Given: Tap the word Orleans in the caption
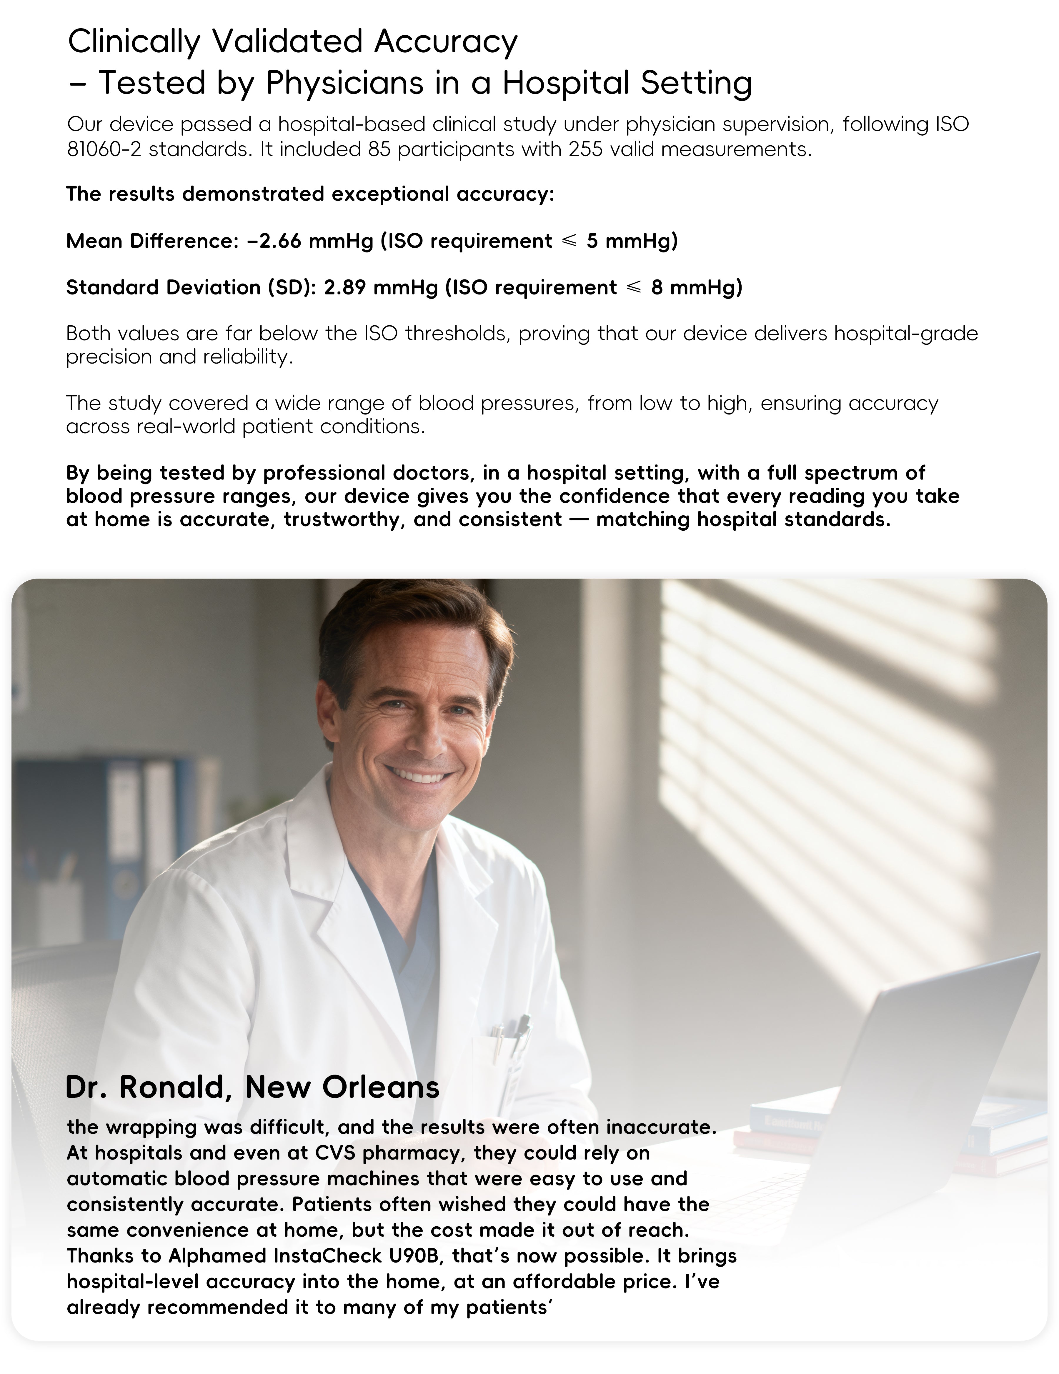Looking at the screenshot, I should pyautogui.click(x=381, y=1087).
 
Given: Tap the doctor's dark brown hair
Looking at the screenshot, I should pyautogui.click(x=409, y=623).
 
